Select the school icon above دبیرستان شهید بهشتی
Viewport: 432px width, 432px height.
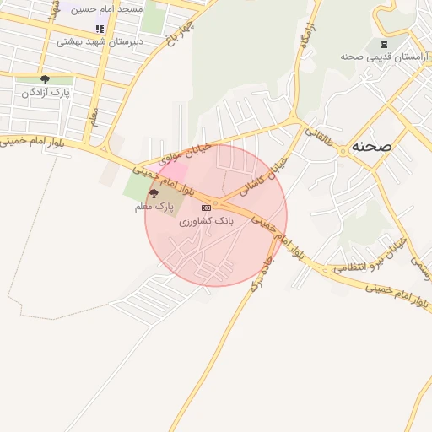pos(100,30)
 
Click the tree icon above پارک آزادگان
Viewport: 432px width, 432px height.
pos(45,80)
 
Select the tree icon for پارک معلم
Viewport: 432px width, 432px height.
pos(153,195)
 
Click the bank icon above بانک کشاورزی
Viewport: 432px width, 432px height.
pos(206,208)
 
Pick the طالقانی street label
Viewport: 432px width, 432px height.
pos(324,135)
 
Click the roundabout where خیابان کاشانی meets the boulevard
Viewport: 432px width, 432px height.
pos(217,203)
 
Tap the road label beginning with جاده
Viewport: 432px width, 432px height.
pos(261,270)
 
